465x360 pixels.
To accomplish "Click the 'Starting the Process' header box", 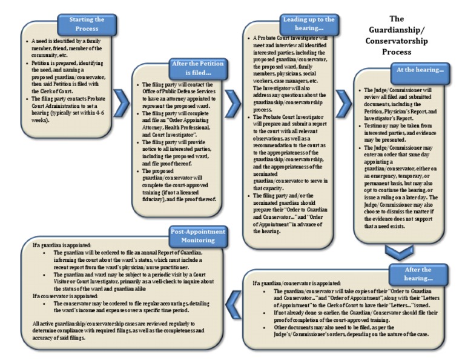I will click(86, 24).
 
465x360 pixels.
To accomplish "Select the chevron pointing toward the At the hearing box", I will click(343, 104).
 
